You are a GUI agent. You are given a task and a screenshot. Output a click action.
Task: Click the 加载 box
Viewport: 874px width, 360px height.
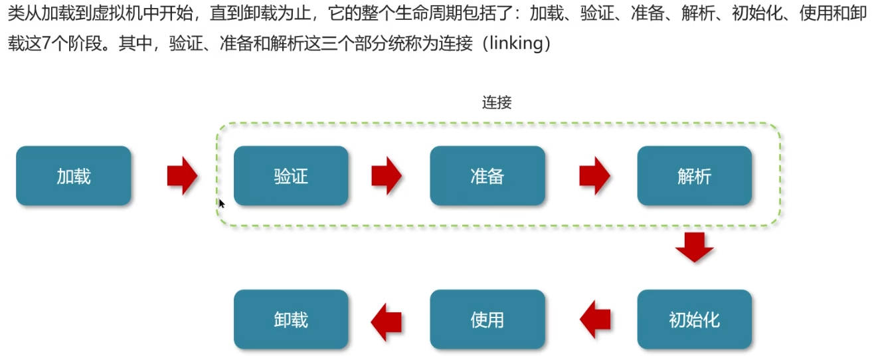coord(74,176)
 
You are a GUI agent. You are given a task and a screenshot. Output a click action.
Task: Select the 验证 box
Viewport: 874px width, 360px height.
coord(291,176)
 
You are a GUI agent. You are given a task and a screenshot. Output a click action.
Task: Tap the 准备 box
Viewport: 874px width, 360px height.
coord(487,176)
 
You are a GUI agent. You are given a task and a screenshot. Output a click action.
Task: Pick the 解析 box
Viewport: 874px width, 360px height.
coord(694,176)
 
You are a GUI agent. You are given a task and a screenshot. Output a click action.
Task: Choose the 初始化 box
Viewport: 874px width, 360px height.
coord(694,319)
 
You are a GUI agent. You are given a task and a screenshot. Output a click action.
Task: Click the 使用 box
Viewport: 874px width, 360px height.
coord(487,319)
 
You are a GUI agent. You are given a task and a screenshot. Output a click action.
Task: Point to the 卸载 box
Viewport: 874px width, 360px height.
coord(291,319)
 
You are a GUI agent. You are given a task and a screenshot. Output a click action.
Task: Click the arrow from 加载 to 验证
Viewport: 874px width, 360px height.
coord(182,176)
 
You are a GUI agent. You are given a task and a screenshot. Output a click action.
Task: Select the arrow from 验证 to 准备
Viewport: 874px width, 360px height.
coord(387,176)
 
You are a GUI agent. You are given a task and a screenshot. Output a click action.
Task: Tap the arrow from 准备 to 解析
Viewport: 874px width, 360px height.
coord(594,176)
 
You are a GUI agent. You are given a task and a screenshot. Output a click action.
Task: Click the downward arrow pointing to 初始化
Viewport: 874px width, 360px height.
coord(694,247)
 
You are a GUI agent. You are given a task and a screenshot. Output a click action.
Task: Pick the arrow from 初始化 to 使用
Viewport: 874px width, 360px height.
coord(595,319)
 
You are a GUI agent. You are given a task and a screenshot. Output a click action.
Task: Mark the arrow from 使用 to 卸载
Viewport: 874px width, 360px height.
coord(386,319)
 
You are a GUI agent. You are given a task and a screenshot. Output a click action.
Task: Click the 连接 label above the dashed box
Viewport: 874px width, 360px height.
coord(497,103)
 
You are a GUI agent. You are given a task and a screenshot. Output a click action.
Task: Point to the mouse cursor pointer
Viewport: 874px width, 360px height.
coord(221,203)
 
